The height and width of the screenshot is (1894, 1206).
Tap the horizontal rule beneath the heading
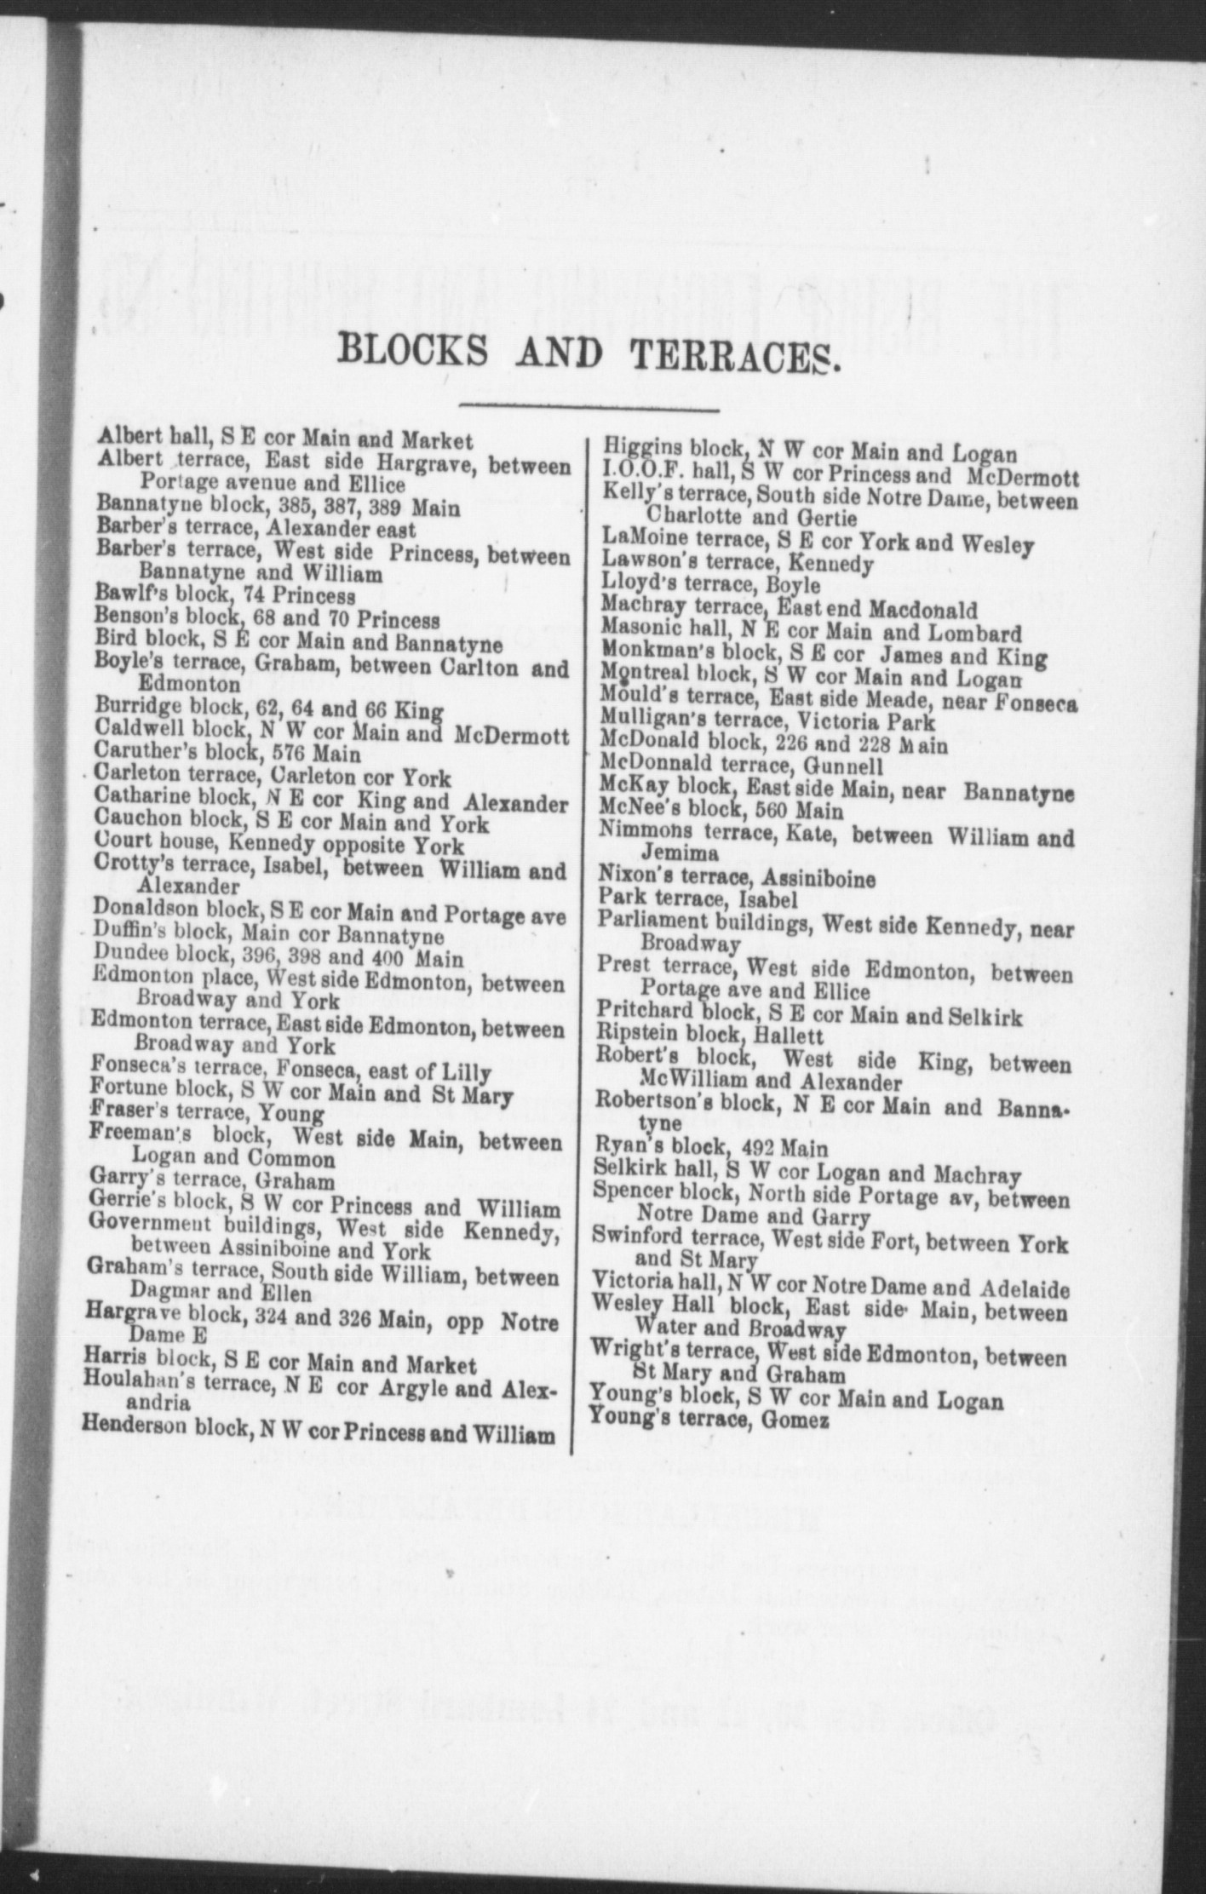coord(589,408)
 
